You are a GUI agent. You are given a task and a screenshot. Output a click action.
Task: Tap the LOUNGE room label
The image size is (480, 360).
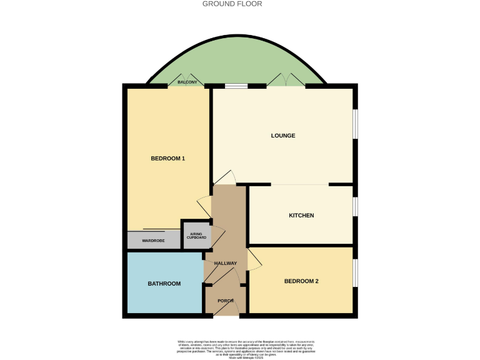(282, 136)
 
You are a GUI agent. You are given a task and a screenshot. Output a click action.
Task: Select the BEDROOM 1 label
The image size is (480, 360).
(168, 159)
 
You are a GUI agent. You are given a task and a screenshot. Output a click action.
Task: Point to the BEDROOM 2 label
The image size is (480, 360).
(301, 281)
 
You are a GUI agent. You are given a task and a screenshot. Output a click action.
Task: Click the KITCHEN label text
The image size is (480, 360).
(301, 216)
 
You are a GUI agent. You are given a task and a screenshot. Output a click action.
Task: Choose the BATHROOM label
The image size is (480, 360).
(164, 284)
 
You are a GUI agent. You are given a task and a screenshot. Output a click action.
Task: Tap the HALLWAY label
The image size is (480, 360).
(226, 263)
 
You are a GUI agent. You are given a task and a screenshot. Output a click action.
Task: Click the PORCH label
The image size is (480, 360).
(226, 301)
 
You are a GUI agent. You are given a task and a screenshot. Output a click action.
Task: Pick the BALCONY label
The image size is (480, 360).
(187, 82)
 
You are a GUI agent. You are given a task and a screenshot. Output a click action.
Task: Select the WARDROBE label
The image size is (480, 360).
(153, 241)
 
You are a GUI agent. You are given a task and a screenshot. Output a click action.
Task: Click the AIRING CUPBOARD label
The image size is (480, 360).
(196, 236)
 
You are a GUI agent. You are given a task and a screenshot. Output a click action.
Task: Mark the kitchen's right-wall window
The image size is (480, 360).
(355, 207)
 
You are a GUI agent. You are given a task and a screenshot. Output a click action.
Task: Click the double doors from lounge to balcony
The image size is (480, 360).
(286, 80)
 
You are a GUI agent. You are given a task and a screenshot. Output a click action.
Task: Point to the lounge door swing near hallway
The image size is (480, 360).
(226, 177)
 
